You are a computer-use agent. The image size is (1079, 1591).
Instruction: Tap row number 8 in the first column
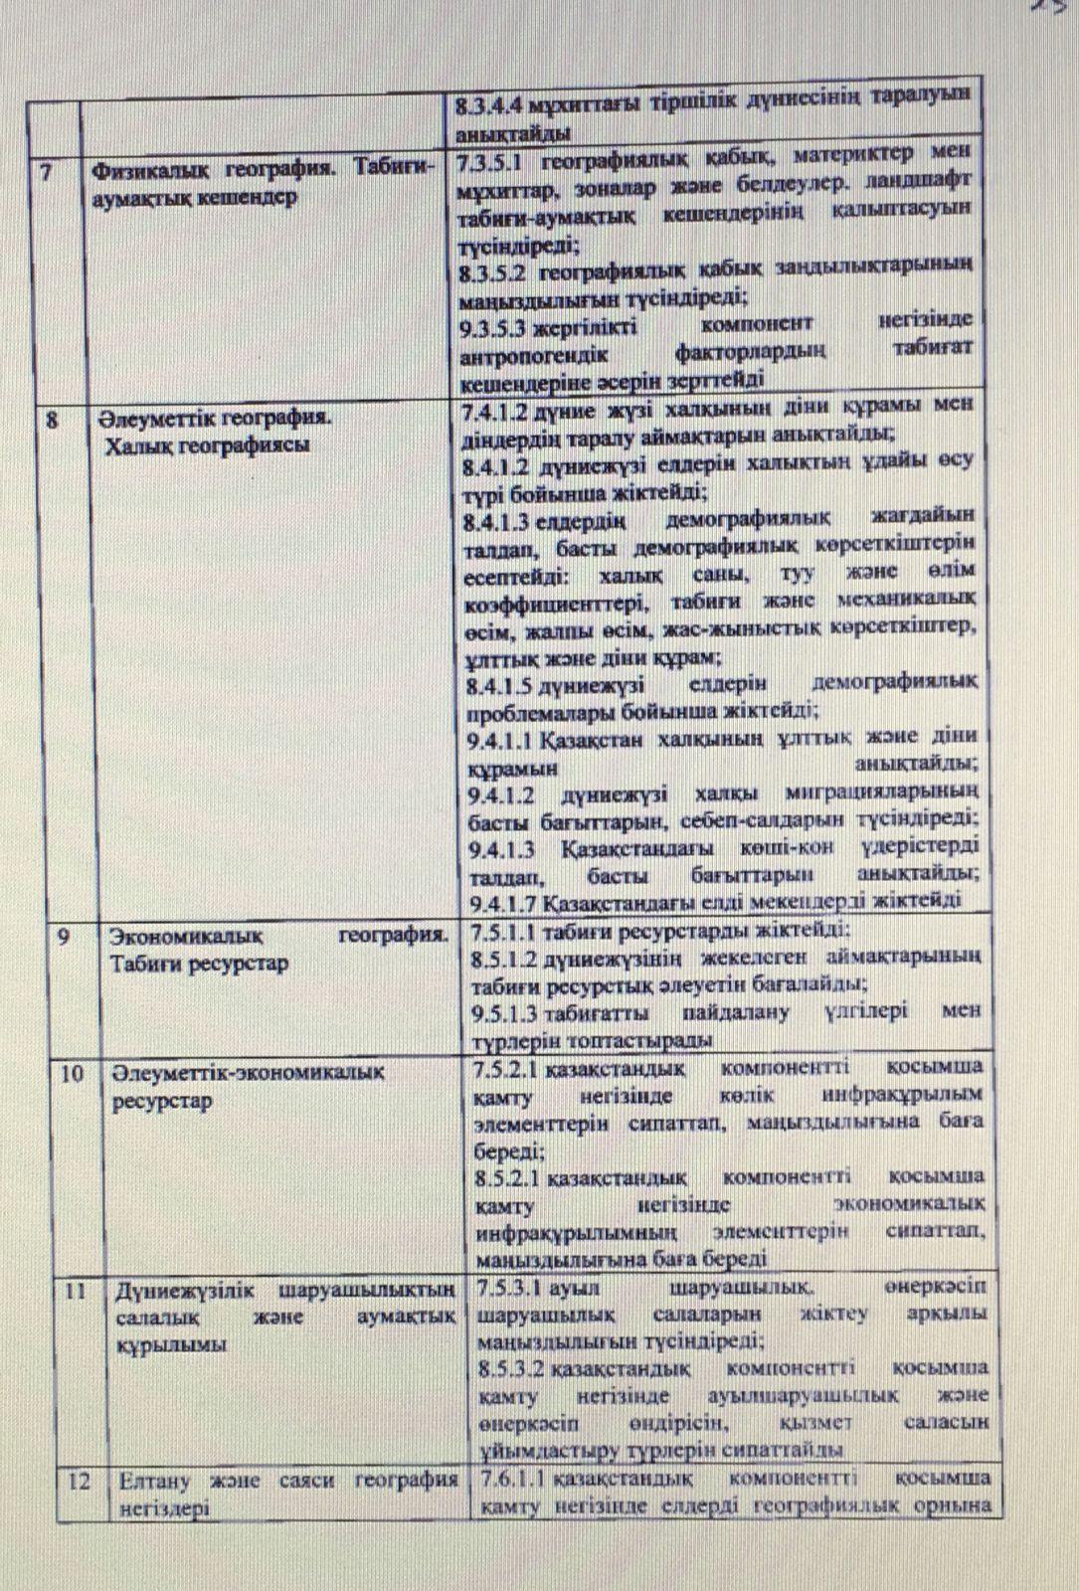53,418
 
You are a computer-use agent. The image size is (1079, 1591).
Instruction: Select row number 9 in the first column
64,935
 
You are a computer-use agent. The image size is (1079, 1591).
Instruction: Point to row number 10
71,1072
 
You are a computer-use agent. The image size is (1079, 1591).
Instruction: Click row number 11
77,1291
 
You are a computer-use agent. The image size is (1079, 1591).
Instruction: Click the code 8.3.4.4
490,103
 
